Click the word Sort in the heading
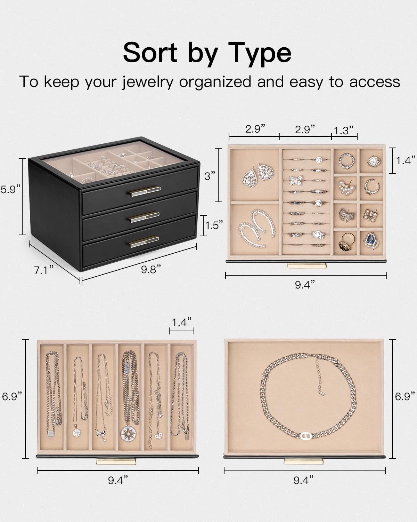click(150, 53)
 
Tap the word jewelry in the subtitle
click(147, 82)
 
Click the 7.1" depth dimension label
click(44, 270)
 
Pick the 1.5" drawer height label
click(214, 226)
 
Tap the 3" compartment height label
click(210, 176)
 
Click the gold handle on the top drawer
click(145, 191)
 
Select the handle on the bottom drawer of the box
click(144, 242)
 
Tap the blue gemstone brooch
click(371, 240)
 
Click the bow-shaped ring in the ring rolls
click(296, 181)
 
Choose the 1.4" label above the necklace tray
click(182, 322)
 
